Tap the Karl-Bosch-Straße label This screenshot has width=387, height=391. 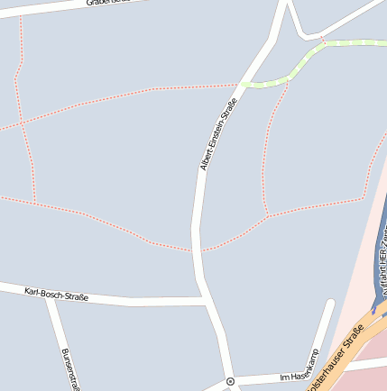57,294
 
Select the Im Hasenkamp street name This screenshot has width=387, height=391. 300,368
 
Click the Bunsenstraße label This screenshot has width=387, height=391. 66,368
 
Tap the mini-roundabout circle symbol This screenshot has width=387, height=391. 230,381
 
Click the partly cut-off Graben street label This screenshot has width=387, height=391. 108,3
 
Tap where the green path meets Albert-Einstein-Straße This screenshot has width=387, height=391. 243,85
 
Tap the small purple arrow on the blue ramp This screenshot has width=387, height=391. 373,309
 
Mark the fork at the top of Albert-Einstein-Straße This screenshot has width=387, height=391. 287,7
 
